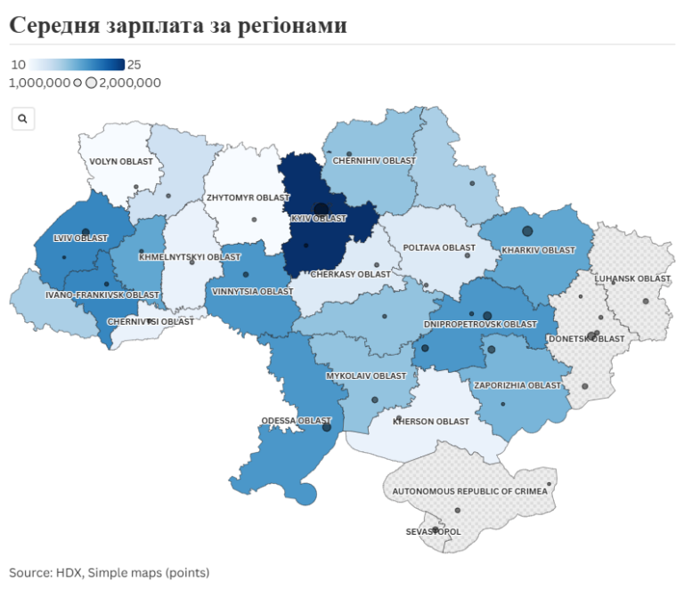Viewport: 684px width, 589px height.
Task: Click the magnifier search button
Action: [23, 118]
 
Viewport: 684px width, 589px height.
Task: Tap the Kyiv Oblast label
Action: [318, 219]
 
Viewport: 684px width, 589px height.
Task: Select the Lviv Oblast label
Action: [80, 238]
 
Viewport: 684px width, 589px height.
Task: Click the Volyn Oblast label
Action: [121, 162]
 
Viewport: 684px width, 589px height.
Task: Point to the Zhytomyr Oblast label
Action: [248, 198]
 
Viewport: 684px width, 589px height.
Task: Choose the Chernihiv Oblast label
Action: [374, 161]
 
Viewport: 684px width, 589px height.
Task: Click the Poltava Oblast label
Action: [439, 247]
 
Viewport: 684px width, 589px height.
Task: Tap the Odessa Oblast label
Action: [296, 420]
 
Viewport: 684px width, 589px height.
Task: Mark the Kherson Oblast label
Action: [431, 422]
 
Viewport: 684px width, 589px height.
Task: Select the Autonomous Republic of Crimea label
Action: [470, 491]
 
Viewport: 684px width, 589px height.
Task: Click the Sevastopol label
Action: [433, 532]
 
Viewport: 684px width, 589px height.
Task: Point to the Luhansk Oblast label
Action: [632, 279]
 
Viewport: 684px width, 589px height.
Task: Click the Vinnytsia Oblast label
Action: [252, 292]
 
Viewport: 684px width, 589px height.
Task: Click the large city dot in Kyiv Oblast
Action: [321, 210]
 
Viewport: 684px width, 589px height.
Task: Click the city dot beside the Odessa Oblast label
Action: [327, 427]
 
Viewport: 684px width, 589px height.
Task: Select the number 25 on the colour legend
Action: [134, 65]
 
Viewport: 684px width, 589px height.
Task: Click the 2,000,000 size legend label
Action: [130, 83]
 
